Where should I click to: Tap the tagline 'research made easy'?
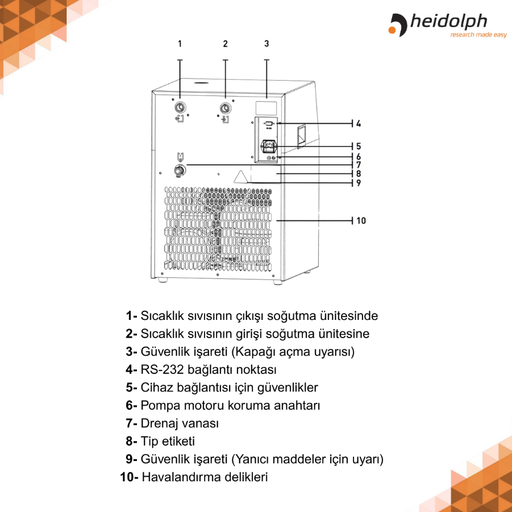(x=478, y=35)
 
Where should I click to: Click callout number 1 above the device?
(x=180, y=44)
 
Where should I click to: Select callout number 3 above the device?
(x=267, y=44)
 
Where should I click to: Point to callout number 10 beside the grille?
(x=361, y=220)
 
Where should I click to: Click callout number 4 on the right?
(x=359, y=123)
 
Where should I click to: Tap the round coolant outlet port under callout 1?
(x=180, y=107)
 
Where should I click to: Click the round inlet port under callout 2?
(x=226, y=107)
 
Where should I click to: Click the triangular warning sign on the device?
(x=241, y=176)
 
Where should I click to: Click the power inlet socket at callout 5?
(x=268, y=147)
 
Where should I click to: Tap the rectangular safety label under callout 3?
(x=267, y=107)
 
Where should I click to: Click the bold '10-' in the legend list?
(x=129, y=477)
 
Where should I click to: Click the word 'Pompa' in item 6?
(x=158, y=406)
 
